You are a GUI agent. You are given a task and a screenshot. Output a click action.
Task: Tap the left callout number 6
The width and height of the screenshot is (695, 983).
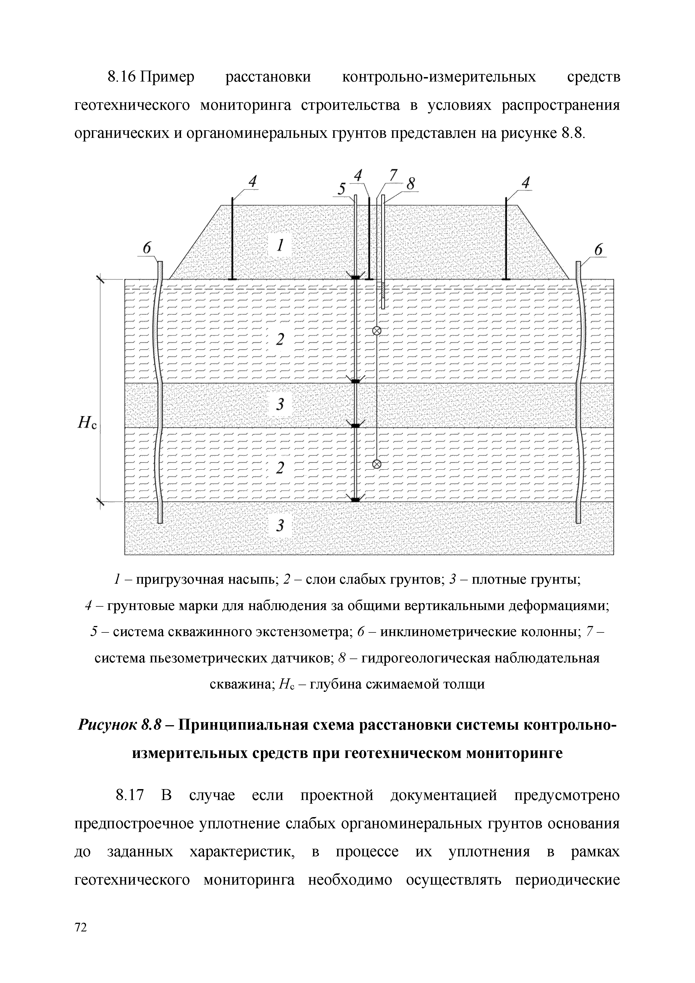point(147,248)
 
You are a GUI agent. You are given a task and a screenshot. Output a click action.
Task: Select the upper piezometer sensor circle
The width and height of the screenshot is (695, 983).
point(377,331)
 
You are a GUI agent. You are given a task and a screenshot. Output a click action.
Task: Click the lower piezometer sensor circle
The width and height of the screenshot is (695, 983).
point(377,464)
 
